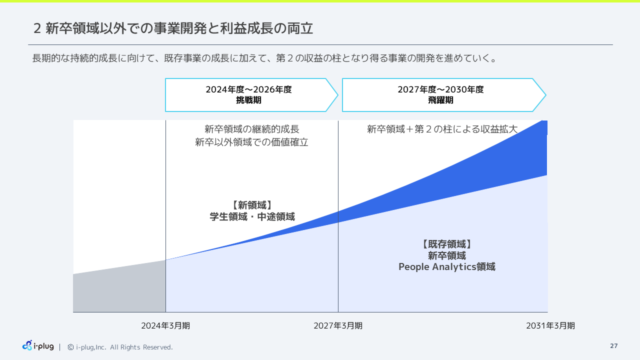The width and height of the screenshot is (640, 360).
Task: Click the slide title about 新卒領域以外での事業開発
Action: tap(173, 28)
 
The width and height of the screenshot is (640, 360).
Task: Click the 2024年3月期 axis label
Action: tap(165, 325)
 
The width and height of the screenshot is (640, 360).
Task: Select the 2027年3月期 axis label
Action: tap(338, 325)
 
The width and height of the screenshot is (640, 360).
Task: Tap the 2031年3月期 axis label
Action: tap(550, 325)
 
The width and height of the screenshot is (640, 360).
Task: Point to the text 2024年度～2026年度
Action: tap(248, 90)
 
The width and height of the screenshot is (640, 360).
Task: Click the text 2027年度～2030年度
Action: tap(440, 90)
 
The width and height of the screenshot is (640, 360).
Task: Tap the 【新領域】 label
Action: tap(252, 205)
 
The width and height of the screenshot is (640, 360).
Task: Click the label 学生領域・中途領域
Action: tap(252, 217)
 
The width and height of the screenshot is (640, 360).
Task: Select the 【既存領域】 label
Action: tap(446, 244)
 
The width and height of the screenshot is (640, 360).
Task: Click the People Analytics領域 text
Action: tap(446, 267)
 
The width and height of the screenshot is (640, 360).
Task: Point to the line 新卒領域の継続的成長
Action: tap(252, 129)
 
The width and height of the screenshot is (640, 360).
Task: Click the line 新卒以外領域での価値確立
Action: tap(252, 142)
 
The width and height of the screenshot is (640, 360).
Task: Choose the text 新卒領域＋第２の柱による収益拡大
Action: tap(442, 129)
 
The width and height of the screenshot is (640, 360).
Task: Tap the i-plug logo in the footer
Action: tap(38, 345)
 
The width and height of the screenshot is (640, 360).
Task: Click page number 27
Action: tap(613, 346)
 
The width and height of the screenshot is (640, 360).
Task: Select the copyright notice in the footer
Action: tap(120, 347)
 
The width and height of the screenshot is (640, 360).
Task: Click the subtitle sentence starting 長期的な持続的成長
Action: tap(265, 58)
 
